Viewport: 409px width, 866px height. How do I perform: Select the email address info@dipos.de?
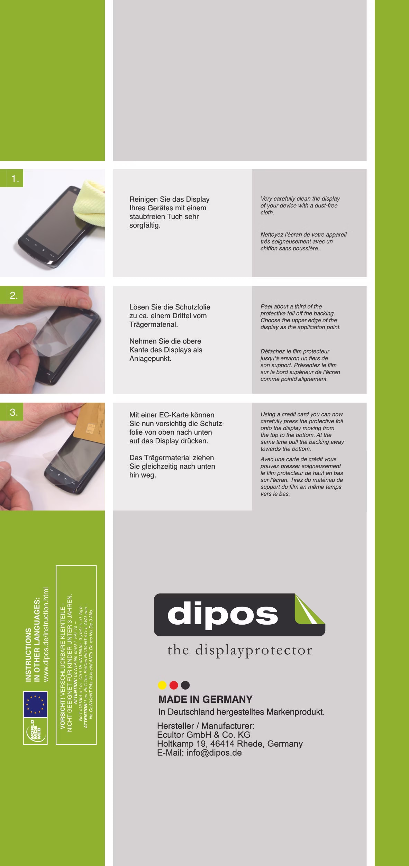(x=214, y=753)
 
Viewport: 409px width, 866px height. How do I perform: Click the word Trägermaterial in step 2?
(x=153, y=324)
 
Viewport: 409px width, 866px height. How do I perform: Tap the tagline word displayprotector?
(x=254, y=651)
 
